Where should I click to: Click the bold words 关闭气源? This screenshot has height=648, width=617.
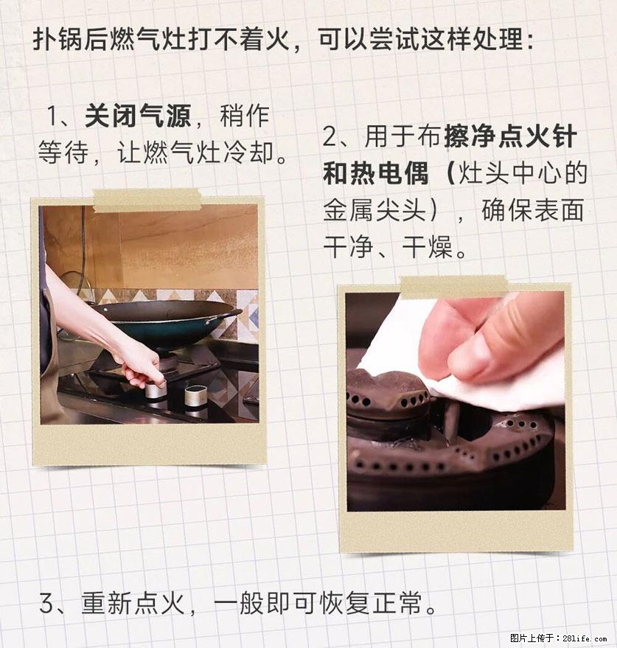138,116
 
